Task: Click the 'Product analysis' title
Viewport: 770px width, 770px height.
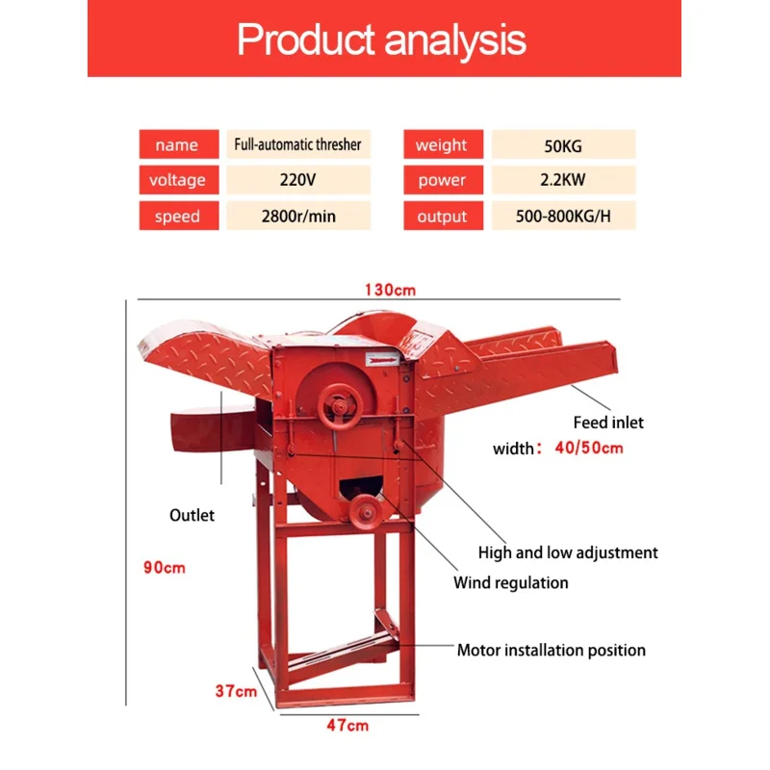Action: click(382, 40)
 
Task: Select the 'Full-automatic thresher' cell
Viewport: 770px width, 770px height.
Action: click(298, 144)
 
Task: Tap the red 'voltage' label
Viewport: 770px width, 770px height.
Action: click(178, 180)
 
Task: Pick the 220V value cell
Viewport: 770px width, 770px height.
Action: click(298, 180)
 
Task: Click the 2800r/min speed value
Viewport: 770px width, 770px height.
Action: click(298, 217)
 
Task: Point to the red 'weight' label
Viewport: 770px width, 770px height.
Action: click(441, 145)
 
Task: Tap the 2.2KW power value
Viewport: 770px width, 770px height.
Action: click(563, 180)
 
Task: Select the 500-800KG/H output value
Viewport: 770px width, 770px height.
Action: click(564, 217)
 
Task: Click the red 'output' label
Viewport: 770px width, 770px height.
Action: click(442, 217)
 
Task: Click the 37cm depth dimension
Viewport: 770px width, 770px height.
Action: click(235, 690)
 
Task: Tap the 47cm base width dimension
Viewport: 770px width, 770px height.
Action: click(346, 725)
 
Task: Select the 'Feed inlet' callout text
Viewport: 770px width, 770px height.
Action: click(608, 422)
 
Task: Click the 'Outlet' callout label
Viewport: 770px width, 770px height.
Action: click(192, 515)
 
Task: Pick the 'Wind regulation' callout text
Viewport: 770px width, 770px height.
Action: click(511, 582)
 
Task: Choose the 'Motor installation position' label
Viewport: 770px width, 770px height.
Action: click(551, 651)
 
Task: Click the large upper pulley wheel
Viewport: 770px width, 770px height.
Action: click(338, 398)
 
